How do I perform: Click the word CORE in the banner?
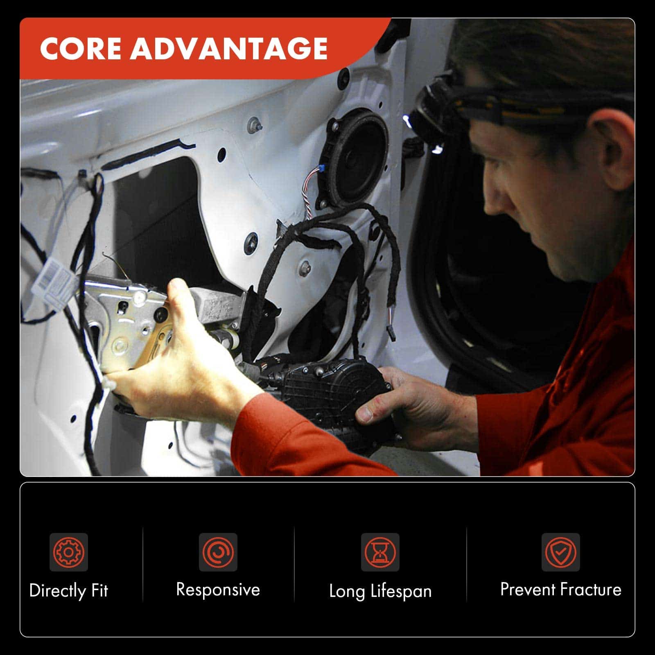click(x=81, y=49)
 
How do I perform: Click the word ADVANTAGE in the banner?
click(x=229, y=49)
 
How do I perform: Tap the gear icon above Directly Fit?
click(x=69, y=552)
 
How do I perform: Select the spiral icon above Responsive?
click(x=218, y=552)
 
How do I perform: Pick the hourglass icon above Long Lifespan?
click(x=380, y=552)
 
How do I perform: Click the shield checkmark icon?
click(x=560, y=552)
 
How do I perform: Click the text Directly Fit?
click(x=69, y=591)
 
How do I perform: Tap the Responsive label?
click(x=218, y=590)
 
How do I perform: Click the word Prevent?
click(x=528, y=589)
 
